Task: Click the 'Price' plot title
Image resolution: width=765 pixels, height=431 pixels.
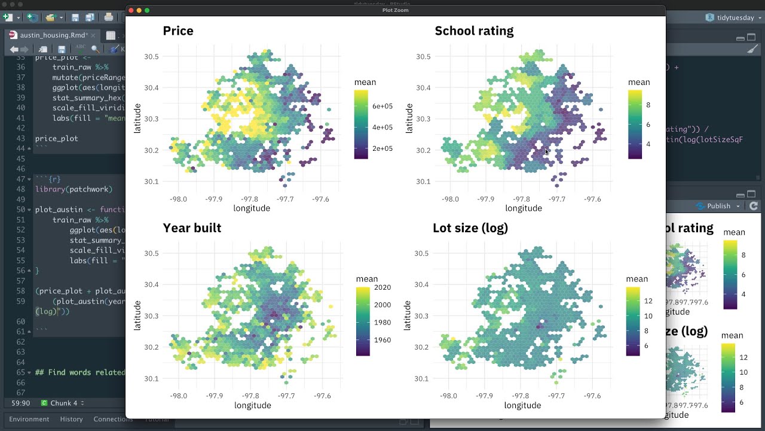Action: click(178, 31)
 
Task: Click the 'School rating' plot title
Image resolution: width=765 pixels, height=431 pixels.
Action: click(474, 31)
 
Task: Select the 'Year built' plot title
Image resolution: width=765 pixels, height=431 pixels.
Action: click(192, 228)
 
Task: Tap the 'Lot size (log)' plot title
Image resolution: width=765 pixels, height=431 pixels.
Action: click(470, 228)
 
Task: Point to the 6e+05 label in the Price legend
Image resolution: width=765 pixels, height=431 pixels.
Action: click(382, 107)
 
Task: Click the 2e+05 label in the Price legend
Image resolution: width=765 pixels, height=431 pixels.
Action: click(382, 148)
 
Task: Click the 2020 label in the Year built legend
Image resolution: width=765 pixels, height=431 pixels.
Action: click(382, 287)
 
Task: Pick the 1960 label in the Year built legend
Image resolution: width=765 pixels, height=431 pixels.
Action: click(382, 340)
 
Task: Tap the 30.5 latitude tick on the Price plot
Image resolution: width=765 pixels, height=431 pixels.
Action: click(151, 57)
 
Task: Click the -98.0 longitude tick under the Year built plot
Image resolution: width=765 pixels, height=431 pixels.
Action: click(178, 396)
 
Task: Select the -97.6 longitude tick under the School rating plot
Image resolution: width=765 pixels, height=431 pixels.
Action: click(592, 199)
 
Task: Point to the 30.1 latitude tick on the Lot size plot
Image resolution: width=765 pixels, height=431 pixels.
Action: click(422, 378)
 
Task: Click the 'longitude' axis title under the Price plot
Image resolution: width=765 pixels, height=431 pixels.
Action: click(252, 208)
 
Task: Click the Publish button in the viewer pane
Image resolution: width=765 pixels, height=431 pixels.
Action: click(718, 206)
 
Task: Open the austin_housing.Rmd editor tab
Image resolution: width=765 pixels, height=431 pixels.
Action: click(54, 35)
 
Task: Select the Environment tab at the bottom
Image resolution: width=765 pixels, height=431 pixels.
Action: click(29, 419)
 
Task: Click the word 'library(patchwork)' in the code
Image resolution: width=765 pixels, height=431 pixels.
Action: click(74, 189)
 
